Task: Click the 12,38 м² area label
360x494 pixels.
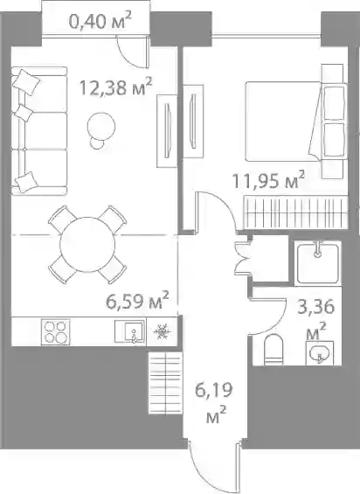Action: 116,87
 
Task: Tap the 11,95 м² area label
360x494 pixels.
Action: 268,181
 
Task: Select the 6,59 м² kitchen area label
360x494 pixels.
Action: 138,301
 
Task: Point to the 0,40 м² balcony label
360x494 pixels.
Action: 100,22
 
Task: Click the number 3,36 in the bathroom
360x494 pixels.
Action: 316,307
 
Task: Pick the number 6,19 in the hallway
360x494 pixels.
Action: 214,390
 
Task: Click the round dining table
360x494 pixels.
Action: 87,244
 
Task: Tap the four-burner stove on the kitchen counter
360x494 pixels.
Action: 55,332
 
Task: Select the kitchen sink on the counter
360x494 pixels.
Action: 130,331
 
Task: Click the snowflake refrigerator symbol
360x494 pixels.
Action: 162,332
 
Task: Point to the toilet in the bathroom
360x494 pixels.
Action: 274,350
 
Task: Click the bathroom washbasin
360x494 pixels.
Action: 320,353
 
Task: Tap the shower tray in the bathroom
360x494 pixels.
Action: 318,263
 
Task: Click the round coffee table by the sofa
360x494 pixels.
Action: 101,126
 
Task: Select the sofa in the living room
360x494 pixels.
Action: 39,131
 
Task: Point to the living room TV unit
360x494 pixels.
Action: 167,131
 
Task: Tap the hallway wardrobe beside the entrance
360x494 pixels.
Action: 165,383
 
